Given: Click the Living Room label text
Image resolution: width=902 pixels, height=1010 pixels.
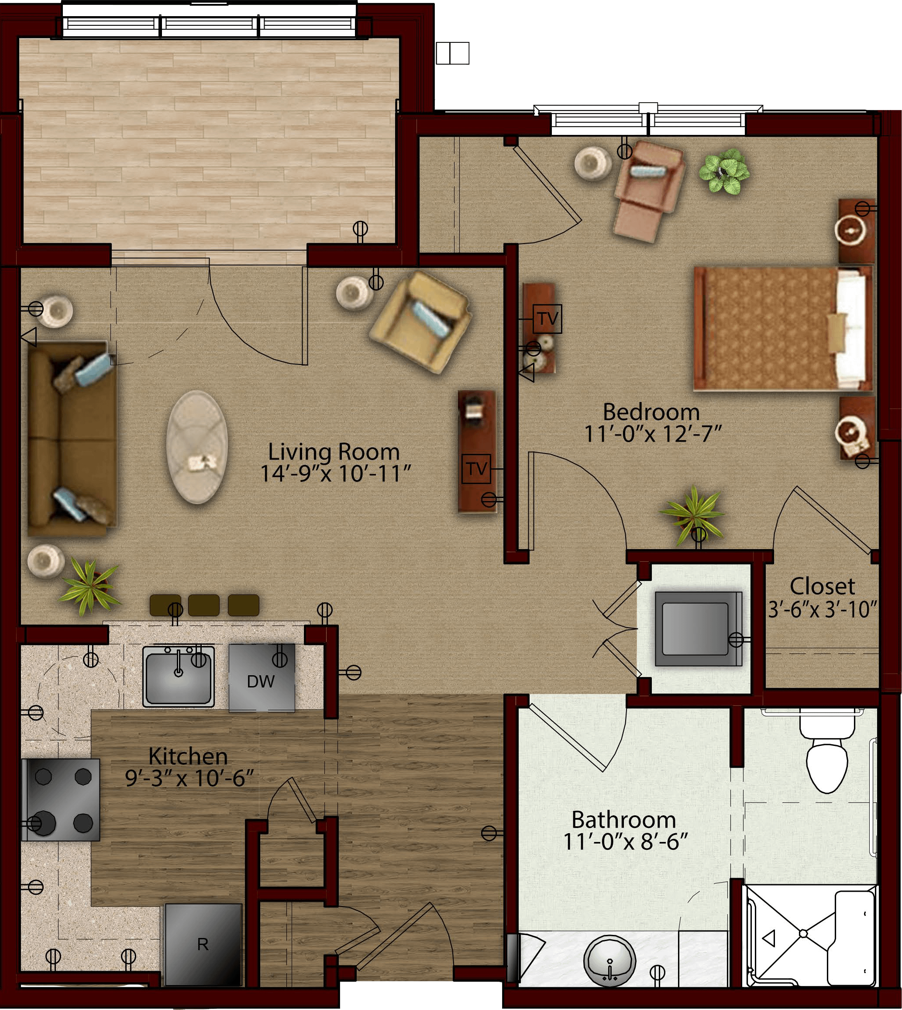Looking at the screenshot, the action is pyautogui.click(x=334, y=452).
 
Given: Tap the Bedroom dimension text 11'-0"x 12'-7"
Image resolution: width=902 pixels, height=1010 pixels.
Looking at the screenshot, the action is pyautogui.click(x=653, y=434).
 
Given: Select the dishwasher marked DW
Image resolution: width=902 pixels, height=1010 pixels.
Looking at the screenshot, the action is pyautogui.click(x=262, y=678).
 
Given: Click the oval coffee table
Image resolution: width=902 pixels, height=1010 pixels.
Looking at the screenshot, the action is pyautogui.click(x=197, y=447).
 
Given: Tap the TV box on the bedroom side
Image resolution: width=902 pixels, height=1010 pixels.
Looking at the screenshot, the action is pyautogui.click(x=547, y=319).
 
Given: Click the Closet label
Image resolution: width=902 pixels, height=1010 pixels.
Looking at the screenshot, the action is pyautogui.click(x=822, y=587).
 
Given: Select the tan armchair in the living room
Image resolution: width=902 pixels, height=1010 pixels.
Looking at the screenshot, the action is pyautogui.click(x=420, y=322).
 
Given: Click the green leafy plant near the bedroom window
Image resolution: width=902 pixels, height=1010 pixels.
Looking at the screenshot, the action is pyautogui.click(x=724, y=172).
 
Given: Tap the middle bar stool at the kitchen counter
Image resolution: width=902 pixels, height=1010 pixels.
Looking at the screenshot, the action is pyautogui.click(x=204, y=605).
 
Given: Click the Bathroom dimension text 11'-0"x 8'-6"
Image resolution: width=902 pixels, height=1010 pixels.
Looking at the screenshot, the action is pyautogui.click(x=626, y=842).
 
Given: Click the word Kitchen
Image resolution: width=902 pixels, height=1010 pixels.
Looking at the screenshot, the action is pyautogui.click(x=188, y=756).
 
